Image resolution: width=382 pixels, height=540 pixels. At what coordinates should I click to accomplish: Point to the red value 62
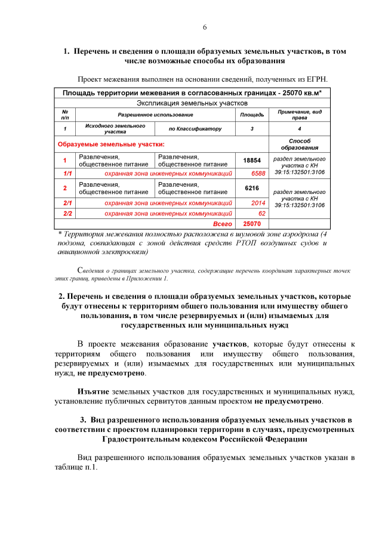tap(261, 213)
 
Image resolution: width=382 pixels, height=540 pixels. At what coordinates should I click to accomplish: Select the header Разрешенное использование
tap(155, 114)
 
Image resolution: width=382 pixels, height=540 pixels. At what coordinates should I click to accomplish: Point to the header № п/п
tap(65, 114)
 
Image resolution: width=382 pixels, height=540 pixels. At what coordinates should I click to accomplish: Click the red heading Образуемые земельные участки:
tap(110, 144)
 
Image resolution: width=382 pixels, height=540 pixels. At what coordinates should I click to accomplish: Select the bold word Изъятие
tap(94, 391)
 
